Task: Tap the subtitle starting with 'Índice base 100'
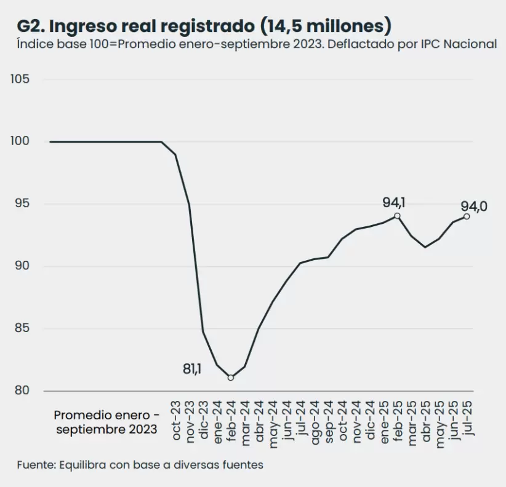tap(257, 44)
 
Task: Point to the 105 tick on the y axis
tap(20, 79)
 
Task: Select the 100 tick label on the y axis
tap(20, 141)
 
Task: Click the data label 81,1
tap(193, 369)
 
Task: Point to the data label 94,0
tap(474, 207)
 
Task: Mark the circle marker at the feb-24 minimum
tap(231, 378)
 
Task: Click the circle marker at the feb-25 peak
tap(398, 216)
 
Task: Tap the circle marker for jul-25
tap(467, 216)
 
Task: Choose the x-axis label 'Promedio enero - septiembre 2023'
tap(106, 421)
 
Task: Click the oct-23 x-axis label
tap(176, 419)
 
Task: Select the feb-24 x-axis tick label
tap(231, 419)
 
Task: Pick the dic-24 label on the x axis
tap(370, 419)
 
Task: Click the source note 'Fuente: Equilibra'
tap(140, 465)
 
